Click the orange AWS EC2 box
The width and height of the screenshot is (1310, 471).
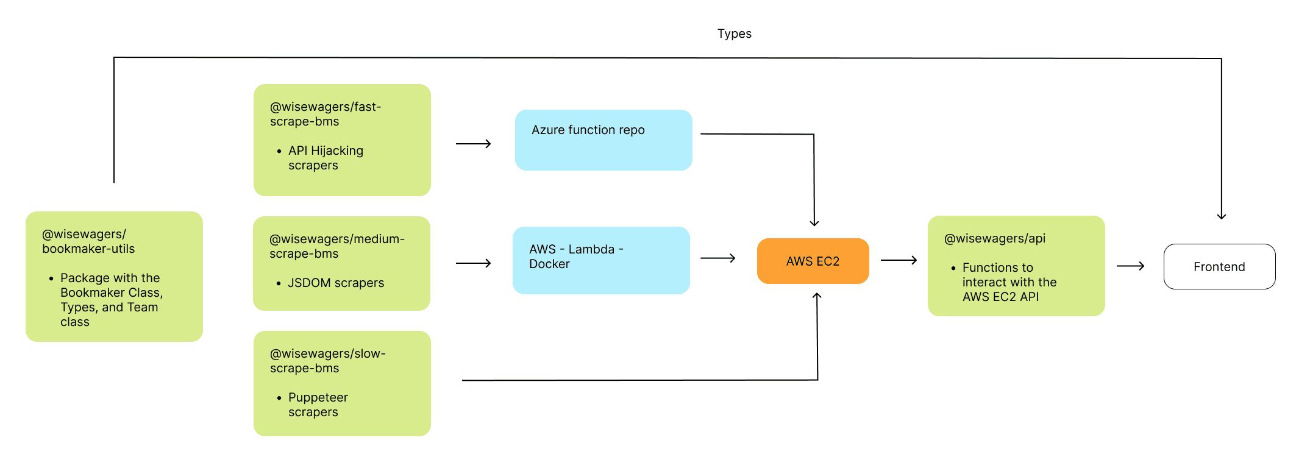(813, 261)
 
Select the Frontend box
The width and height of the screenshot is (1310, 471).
(1219, 266)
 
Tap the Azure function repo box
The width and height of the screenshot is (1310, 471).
(603, 140)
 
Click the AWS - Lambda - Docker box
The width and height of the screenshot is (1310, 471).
(601, 260)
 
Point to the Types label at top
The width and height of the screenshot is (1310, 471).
(734, 34)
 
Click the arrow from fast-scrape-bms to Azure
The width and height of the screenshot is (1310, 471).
(474, 144)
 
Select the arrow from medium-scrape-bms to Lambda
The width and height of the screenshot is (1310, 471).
(474, 263)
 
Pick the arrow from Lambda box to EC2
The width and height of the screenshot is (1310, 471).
(718, 258)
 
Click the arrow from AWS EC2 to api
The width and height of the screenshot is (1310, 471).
(899, 260)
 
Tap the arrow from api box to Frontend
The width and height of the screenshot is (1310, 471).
(1131, 266)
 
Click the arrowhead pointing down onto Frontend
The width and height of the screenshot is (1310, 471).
(1221, 216)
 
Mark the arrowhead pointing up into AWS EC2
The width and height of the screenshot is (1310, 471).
(817, 296)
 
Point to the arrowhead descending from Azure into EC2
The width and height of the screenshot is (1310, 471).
(814, 222)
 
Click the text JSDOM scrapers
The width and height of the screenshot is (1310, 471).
(336, 283)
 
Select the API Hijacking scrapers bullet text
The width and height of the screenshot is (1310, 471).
(326, 158)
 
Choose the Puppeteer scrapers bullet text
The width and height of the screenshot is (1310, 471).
(318, 405)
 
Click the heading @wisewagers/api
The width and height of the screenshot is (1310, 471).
(994, 238)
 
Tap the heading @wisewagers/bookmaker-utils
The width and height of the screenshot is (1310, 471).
(88, 241)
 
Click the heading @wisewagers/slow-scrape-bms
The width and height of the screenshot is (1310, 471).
(327, 361)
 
